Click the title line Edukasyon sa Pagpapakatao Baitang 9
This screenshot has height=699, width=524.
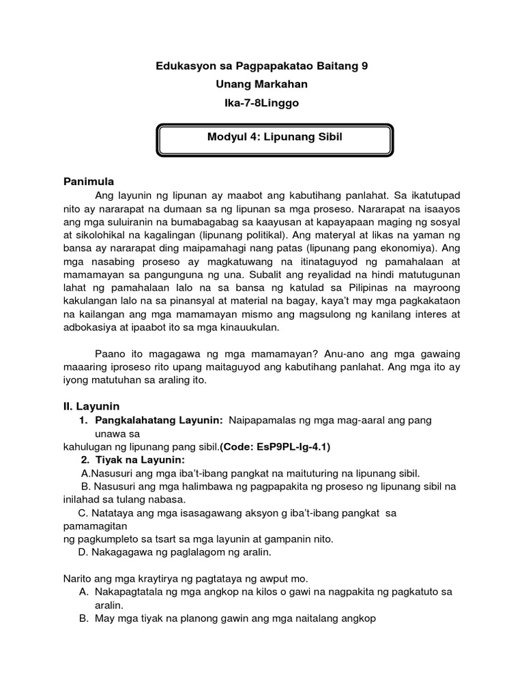[x=262, y=66]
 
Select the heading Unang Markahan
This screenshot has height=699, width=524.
[x=262, y=84]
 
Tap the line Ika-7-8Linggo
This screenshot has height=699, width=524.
[x=262, y=103]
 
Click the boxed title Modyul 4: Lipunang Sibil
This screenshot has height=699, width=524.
[x=274, y=138]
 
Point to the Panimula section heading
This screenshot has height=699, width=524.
[x=89, y=182]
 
